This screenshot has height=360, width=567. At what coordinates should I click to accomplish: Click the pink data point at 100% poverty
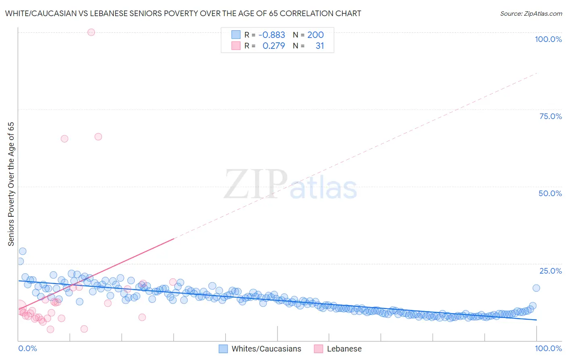(91, 32)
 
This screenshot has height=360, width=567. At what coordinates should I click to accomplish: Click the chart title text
(183, 13)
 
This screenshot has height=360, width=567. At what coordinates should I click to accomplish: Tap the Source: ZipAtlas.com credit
(531, 13)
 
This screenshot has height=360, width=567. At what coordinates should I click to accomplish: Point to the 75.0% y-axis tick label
(550, 116)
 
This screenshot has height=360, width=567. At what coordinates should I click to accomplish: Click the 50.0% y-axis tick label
(550, 193)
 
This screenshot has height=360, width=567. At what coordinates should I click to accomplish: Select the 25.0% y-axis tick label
(550, 271)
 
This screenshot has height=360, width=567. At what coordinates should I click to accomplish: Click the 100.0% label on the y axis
(548, 39)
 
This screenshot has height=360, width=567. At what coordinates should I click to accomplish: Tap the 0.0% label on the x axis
(27, 348)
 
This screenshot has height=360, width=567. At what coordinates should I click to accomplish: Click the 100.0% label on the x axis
(548, 348)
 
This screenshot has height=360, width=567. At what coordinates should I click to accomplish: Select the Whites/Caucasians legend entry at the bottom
(266, 349)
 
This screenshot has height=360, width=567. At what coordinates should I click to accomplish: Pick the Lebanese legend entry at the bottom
(344, 349)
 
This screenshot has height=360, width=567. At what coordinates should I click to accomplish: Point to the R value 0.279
(273, 46)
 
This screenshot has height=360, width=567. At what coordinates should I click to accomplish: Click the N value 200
(315, 35)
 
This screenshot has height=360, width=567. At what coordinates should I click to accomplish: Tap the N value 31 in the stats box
(319, 46)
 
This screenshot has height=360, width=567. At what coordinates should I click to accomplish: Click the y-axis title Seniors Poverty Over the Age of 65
(11, 184)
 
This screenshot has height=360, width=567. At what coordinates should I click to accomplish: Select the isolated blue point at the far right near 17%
(536, 288)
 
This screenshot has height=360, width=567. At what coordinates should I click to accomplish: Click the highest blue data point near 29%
(23, 251)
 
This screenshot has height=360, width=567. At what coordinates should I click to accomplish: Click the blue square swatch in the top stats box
(236, 35)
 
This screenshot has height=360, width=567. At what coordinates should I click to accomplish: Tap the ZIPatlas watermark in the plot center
(290, 185)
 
